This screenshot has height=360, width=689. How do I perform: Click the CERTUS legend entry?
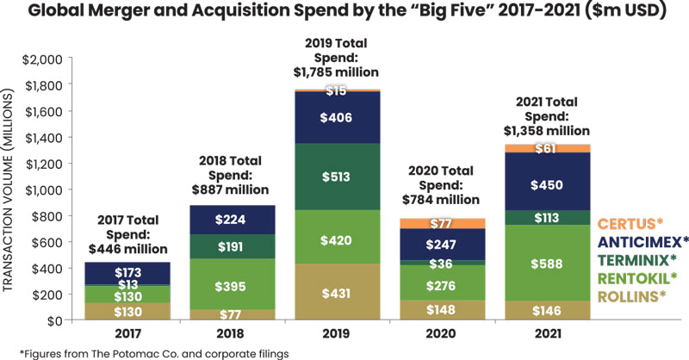pos(634,223)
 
